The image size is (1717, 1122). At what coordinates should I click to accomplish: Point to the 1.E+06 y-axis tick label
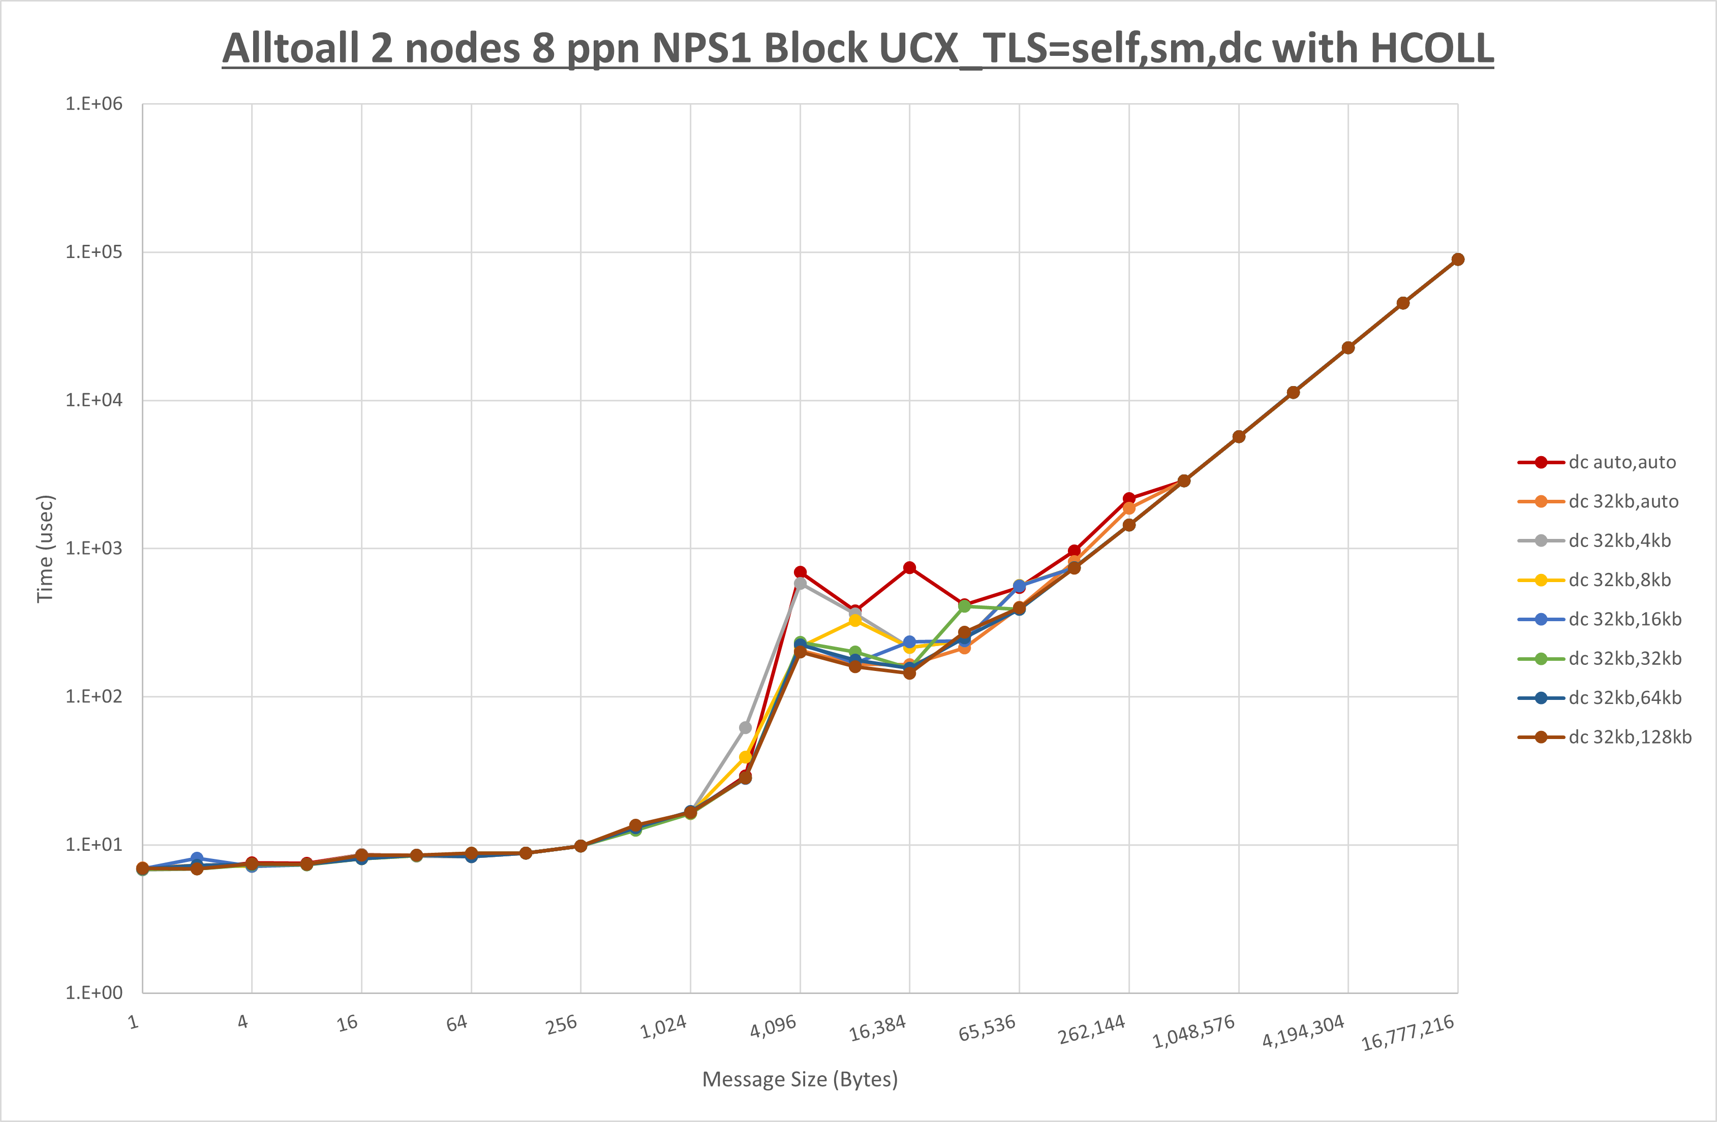click(94, 104)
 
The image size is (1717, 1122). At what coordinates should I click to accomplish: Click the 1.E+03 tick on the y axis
click(94, 548)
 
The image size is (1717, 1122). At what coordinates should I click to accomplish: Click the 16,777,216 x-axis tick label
click(1407, 1033)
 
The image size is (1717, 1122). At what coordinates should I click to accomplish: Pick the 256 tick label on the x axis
click(561, 1024)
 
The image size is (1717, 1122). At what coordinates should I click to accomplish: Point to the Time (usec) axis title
click(45, 548)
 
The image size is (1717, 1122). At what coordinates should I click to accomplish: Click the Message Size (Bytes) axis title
click(800, 1079)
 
